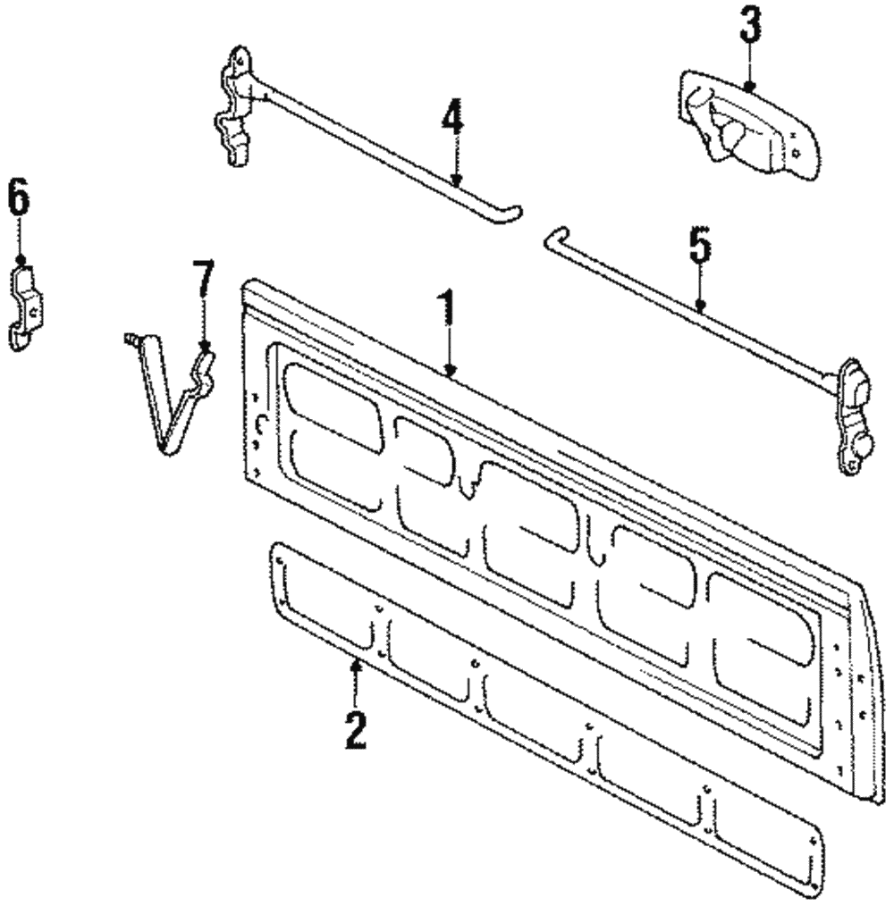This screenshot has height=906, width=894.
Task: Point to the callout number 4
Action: pyautogui.click(x=452, y=118)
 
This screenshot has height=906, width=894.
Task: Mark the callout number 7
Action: pyautogui.click(x=205, y=279)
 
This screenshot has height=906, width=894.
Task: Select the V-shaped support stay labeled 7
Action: pyautogui.click(x=179, y=402)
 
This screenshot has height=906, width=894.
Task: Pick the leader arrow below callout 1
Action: pyautogui.click(x=450, y=357)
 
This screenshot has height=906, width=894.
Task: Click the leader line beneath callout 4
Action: pyautogui.click(x=455, y=161)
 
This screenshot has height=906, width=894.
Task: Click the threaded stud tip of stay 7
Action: pyautogui.click(x=130, y=338)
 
